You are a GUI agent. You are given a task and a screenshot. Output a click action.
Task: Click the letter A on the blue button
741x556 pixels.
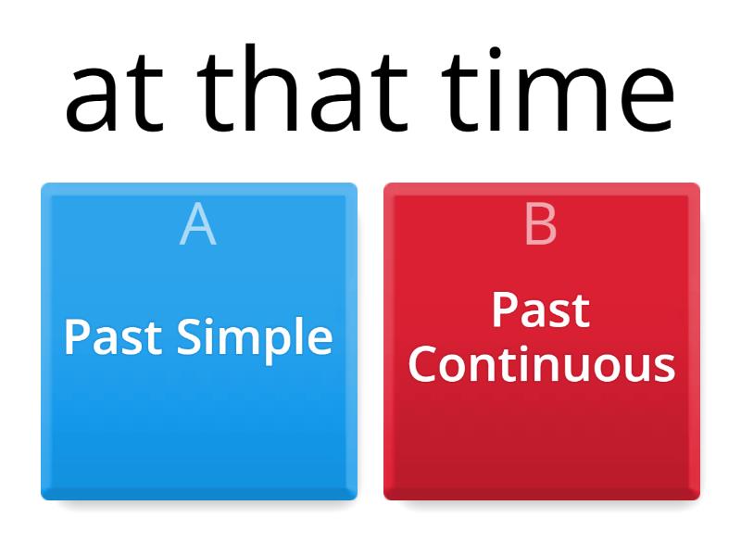point(198,224)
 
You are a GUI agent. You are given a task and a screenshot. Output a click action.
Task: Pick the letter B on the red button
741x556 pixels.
point(541,224)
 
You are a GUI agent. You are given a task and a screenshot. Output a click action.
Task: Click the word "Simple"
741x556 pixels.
point(254,339)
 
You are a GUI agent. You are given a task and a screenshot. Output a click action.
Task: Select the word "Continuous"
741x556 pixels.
point(542,365)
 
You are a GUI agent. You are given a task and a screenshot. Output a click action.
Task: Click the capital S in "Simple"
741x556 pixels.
point(188,337)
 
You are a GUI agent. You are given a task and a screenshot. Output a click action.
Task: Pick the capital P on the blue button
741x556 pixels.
point(77,337)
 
